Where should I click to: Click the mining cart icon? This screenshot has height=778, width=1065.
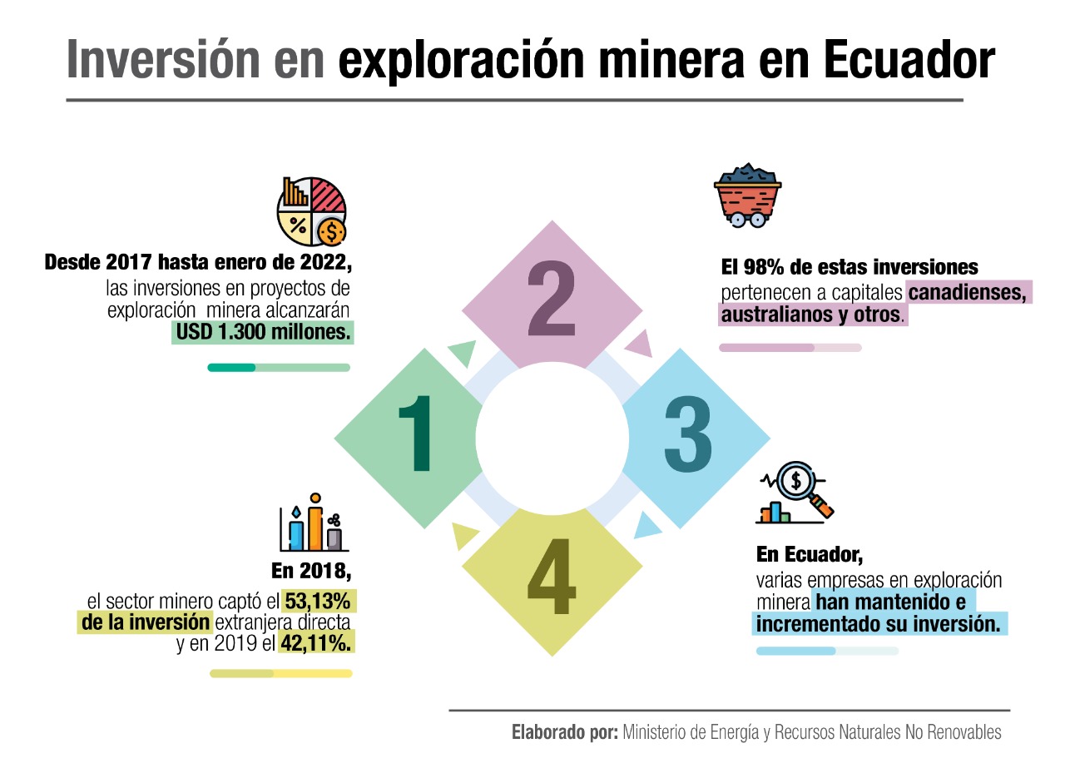(x=747, y=196)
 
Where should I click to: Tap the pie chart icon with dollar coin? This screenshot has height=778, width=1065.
(x=312, y=210)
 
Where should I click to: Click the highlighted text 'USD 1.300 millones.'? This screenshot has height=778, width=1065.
(x=263, y=334)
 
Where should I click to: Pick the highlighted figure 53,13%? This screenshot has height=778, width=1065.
(x=317, y=601)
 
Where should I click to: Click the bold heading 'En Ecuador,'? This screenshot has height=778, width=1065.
(x=804, y=554)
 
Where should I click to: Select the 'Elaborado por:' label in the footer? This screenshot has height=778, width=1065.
(x=564, y=733)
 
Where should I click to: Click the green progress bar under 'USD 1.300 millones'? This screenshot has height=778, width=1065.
(x=279, y=367)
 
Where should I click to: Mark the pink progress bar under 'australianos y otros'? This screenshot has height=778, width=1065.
(x=790, y=348)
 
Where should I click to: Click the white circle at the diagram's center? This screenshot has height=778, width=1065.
(x=552, y=438)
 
